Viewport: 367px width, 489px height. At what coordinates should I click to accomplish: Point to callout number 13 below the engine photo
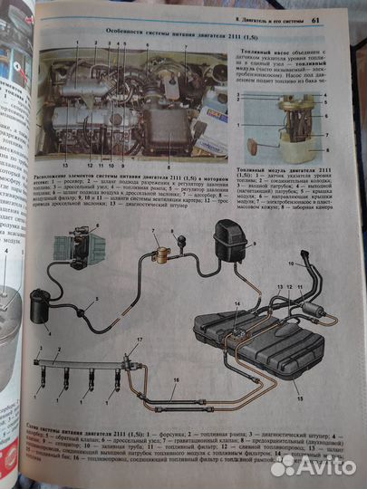pos(66,165)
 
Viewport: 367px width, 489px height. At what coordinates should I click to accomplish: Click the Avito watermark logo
pos(308,465)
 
